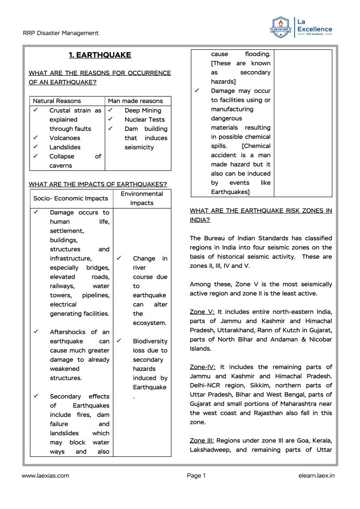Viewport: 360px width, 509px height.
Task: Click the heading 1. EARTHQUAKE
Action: [x=100, y=55]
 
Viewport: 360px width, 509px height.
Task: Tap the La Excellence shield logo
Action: [x=281, y=28]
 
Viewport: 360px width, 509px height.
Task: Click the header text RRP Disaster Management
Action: [x=60, y=33]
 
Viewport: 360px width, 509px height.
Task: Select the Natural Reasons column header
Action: [x=57, y=101]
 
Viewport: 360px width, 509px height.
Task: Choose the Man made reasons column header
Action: [x=135, y=101]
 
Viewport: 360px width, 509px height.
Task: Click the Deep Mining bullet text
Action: [x=143, y=111]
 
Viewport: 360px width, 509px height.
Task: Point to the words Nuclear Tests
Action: [x=145, y=120]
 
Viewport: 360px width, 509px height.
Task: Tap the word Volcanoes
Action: [x=64, y=138]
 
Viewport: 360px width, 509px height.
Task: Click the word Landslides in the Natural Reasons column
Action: [x=65, y=147]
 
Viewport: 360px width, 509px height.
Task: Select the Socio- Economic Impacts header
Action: [x=71, y=199]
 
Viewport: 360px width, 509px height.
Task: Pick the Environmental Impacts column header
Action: [x=142, y=199]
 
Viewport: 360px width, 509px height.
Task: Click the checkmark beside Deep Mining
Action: [x=110, y=110]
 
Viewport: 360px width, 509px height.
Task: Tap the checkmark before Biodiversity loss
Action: [x=119, y=341]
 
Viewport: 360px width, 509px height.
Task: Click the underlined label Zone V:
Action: [x=202, y=312]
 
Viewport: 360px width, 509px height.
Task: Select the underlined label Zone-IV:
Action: [x=203, y=367]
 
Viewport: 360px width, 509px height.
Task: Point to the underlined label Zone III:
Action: [x=202, y=441]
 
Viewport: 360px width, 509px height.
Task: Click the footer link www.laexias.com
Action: [x=45, y=475]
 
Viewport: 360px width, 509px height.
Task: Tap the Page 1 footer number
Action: [x=196, y=475]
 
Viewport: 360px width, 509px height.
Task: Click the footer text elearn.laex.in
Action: [x=316, y=475]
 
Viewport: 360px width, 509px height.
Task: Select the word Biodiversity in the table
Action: [x=150, y=341]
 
